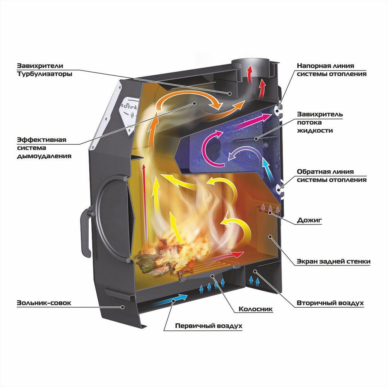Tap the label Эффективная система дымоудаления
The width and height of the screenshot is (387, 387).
point(44,148)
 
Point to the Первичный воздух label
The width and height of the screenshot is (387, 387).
point(209,326)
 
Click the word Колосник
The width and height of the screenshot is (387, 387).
point(256,309)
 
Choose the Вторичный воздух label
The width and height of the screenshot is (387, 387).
point(330,303)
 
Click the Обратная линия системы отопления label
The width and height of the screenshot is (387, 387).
point(331,175)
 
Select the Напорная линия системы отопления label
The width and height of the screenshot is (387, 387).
point(331,70)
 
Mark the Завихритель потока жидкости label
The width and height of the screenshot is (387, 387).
point(320,122)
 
